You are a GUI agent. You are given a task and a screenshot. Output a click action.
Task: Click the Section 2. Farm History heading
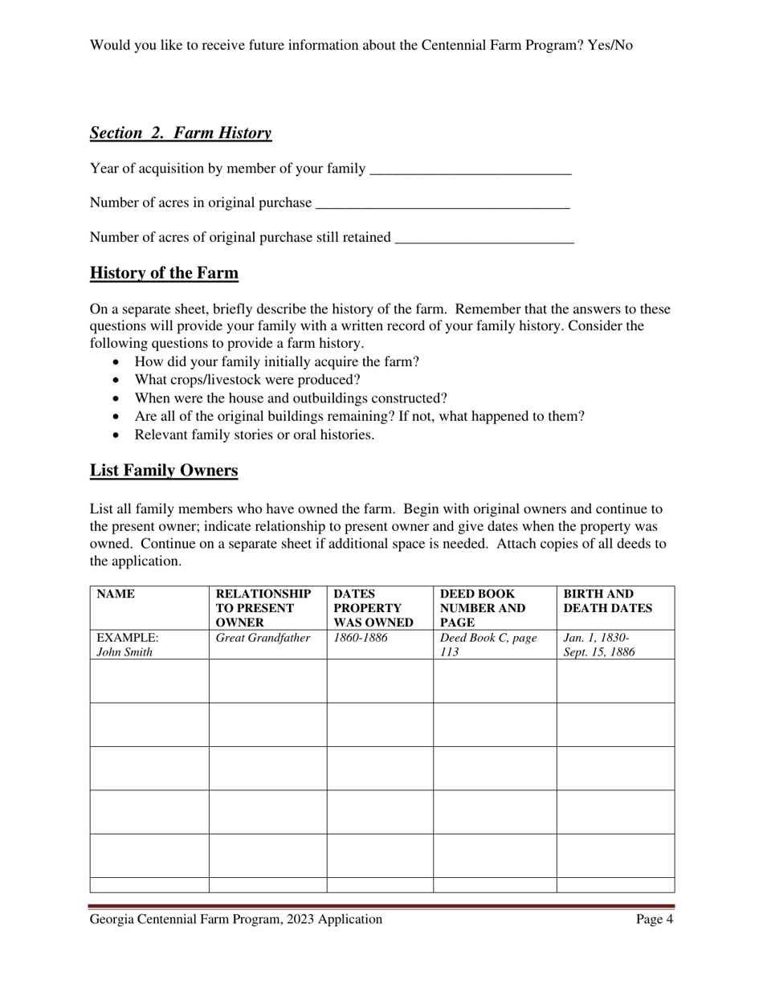pos(181,133)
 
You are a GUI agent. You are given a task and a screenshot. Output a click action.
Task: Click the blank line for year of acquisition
pos(470,169)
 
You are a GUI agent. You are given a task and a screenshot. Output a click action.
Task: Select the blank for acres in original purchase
pos(443,204)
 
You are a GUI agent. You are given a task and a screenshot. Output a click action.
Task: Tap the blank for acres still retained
pos(485,239)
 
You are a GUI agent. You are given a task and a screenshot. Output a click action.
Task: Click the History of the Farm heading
pos(164,273)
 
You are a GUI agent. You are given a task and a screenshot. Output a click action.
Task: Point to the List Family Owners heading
pos(164,471)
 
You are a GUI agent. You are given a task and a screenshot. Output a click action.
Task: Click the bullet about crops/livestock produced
pos(247,380)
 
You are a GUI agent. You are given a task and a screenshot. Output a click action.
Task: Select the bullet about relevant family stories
pos(254,435)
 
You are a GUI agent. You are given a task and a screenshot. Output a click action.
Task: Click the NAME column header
pos(116,595)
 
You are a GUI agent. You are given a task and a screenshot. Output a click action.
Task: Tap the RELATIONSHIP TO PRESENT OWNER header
pos(263,608)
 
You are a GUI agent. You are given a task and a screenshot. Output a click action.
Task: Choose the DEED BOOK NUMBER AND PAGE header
pos(483,608)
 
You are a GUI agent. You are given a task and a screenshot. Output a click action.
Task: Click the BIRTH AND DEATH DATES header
pos(607,602)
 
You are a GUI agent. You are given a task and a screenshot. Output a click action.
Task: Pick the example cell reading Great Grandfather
pos(263,639)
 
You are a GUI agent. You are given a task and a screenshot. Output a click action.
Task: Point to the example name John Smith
pos(124,652)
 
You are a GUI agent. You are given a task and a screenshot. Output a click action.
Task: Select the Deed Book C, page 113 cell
pos(488,645)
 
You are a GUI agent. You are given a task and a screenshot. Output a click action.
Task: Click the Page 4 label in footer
pos(654,920)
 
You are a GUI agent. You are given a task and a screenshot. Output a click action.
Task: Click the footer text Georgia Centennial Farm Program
pos(235,920)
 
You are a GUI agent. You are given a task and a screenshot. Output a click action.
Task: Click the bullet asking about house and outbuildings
pos(291,398)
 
